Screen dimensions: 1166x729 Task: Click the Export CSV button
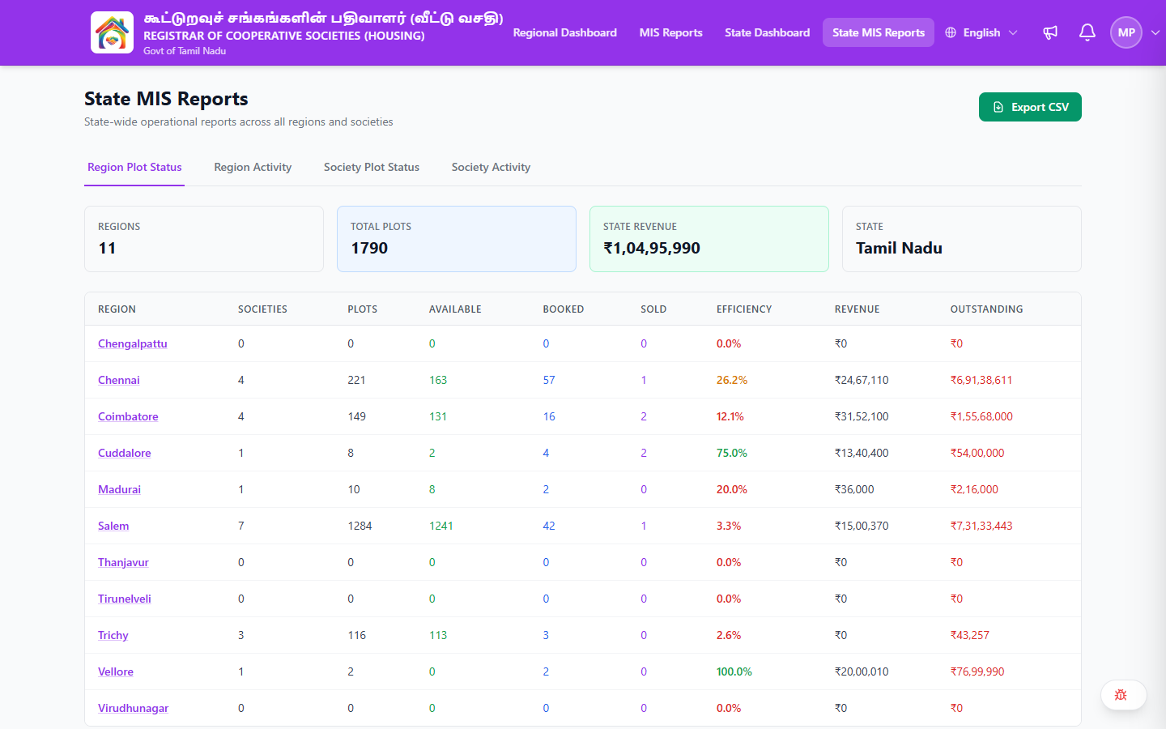[x=1030, y=107]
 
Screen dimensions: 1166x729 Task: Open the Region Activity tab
[x=253, y=167]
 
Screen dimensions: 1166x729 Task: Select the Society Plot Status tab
[x=371, y=167]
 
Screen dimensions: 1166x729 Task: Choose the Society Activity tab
[x=491, y=167]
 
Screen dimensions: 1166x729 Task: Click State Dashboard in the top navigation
[x=768, y=32]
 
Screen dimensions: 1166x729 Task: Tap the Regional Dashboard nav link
[x=565, y=32]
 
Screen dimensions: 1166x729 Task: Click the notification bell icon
[x=1087, y=32]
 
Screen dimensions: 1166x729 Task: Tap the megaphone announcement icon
[x=1050, y=32]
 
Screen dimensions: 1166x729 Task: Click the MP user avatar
[x=1126, y=32]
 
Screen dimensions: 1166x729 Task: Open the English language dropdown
[x=981, y=32]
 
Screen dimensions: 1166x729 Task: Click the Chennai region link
[x=119, y=380]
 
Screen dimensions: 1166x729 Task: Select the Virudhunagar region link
[x=134, y=708]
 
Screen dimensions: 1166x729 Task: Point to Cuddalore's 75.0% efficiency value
[x=731, y=453]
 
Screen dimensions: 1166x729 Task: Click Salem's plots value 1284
[x=360, y=526]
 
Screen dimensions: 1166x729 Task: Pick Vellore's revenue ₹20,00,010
[x=862, y=671]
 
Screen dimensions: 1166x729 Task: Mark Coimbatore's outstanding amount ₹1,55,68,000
[x=981, y=416]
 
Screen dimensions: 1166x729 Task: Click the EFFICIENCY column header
[x=744, y=309]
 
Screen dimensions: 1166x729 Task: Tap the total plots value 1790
[x=369, y=248]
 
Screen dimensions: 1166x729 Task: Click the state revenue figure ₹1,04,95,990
[x=652, y=248]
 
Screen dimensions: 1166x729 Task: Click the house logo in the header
[x=112, y=32]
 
